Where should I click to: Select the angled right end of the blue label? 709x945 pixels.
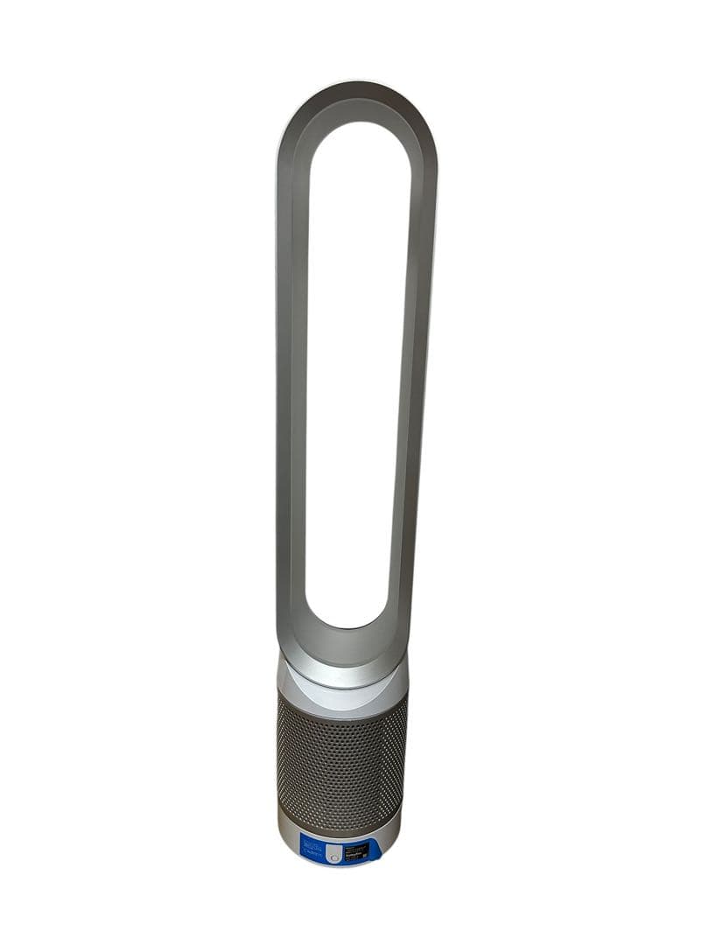(x=376, y=846)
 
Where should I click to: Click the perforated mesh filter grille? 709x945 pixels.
(x=341, y=761)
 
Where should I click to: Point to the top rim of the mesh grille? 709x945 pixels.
(x=342, y=696)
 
